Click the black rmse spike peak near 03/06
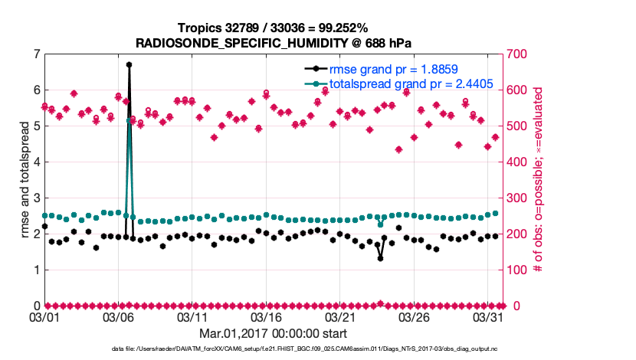click(129, 64)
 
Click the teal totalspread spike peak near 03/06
click(129, 120)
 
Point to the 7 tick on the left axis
click(36, 54)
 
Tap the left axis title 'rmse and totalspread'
click(25, 179)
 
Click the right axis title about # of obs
click(539, 179)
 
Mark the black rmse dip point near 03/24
click(380, 258)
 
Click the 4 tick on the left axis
click(36, 162)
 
